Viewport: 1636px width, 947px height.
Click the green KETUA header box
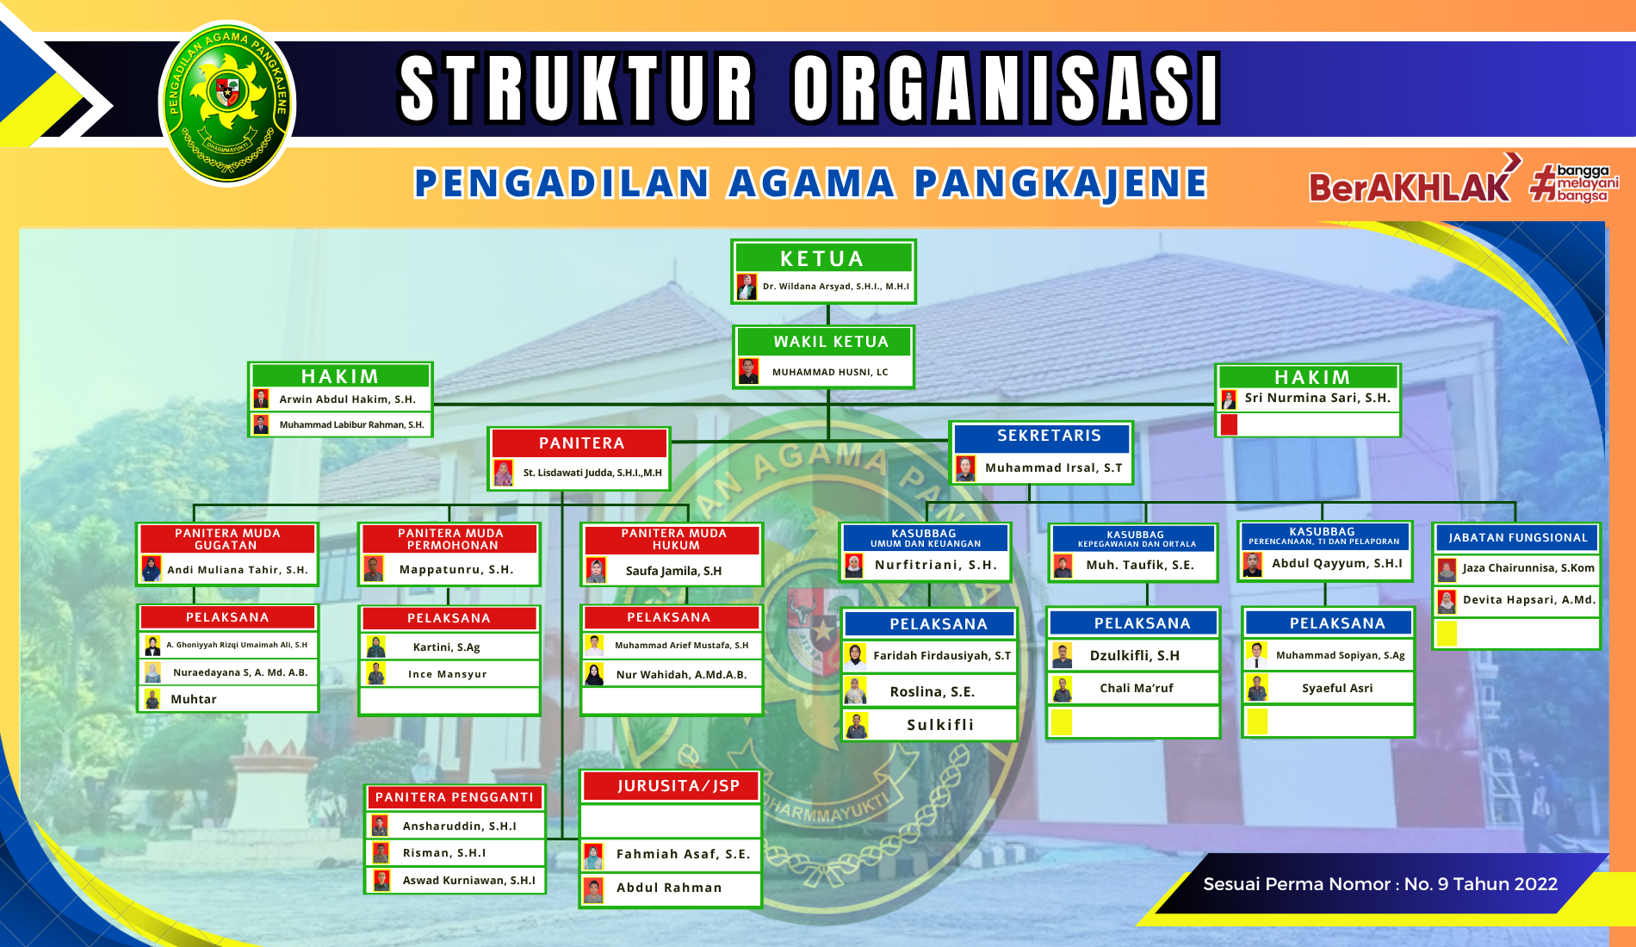(822, 257)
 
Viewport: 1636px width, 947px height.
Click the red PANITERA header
(580, 443)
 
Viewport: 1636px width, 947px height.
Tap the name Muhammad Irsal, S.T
(1053, 468)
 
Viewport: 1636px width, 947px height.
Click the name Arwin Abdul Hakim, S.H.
(347, 399)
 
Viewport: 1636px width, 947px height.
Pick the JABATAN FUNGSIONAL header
(1517, 538)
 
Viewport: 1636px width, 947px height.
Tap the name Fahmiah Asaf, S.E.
(683, 854)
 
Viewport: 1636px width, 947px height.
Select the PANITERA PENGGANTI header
(455, 797)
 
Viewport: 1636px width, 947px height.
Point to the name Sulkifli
(940, 725)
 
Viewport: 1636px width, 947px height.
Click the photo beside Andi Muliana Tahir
(152, 569)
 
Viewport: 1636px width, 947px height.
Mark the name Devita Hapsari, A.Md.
(1529, 600)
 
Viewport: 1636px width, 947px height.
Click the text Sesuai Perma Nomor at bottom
(1300, 884)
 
